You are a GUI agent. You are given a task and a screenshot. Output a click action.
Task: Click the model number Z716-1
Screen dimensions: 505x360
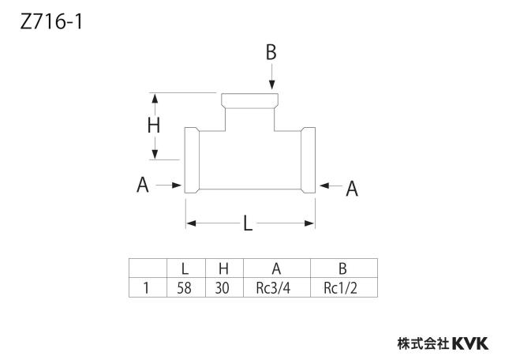pyautogui.click(x=51, y=23)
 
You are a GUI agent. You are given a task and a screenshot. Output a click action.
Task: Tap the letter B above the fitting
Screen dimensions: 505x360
pyautogui.click(x=271, y=52)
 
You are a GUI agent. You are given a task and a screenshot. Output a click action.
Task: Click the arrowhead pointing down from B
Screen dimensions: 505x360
pyautogui.click(x=272, y=84)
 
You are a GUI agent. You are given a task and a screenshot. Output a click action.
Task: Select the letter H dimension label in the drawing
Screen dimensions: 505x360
pyautogui.click(x=154, y=126)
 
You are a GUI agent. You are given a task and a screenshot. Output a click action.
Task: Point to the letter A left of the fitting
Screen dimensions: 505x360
pyautogui.click(x=143, y=185)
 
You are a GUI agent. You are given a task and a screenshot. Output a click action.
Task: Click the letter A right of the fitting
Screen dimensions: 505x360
pyautogui.click(x=352, y=189)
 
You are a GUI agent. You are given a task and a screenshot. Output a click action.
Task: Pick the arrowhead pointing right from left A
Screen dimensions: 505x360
pyautogui.click(x=177, y=186)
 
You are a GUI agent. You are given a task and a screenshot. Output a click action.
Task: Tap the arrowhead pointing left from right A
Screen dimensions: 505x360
pyautogui.click(x=324, y=186)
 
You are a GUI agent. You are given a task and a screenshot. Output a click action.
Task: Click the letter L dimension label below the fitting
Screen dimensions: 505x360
pyautogui.click(x=247, y=223)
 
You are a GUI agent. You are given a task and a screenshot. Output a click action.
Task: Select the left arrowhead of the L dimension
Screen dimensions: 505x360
pyautogui.click(x=191, y=223)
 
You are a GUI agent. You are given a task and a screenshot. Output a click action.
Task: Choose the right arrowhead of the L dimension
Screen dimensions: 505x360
pyautogui.click(x=309, y=223)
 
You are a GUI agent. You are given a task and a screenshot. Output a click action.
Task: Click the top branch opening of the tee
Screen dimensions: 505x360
pyautogui.click(x=249, y=100)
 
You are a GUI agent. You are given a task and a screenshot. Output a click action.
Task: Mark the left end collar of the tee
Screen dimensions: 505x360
pyautogui.click(x=192, y=160)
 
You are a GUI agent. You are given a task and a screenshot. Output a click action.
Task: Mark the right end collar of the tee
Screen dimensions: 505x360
pyautogui.click(x=309, y=160)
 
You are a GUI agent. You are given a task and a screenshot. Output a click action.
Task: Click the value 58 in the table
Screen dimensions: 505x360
pyautogui.click(x=184, y=288)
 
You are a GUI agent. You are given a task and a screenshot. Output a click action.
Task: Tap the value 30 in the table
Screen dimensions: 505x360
pyautogui.click(x=223, y=288)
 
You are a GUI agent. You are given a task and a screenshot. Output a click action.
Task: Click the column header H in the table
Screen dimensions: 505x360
pyautogui.click(x=223, y=268)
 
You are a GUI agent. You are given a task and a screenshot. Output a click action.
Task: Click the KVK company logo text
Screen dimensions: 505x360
pyautogui.click(x=470, y=343)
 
